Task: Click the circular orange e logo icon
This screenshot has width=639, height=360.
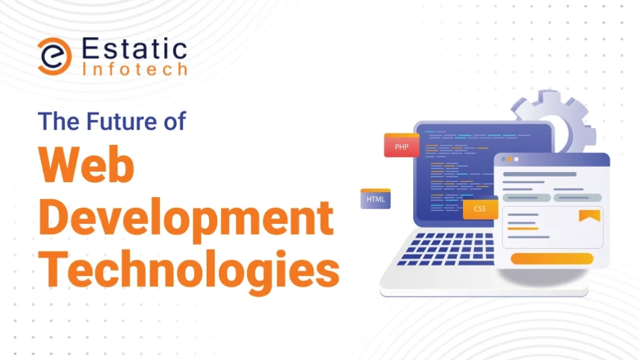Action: pos(55,56)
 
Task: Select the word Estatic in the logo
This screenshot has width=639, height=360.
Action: pos(135,49)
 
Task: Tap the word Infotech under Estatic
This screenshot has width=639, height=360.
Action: pos(135,69)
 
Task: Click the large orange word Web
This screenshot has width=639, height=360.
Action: pos(86,165)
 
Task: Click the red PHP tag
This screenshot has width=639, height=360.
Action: pos(401,145)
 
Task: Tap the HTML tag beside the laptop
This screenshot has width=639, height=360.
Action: pos(375,199)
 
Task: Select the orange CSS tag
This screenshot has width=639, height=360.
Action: pos(480,208)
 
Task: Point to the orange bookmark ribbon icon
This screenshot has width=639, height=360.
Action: pos(590,215)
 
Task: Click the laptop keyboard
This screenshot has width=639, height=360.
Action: pos(446,249)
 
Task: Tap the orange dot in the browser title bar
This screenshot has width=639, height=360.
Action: pos(509,159)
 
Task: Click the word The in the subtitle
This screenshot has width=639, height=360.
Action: pos(59,121)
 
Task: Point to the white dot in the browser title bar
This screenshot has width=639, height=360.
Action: pos(516,159)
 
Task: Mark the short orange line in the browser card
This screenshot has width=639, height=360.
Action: pos(523,229)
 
